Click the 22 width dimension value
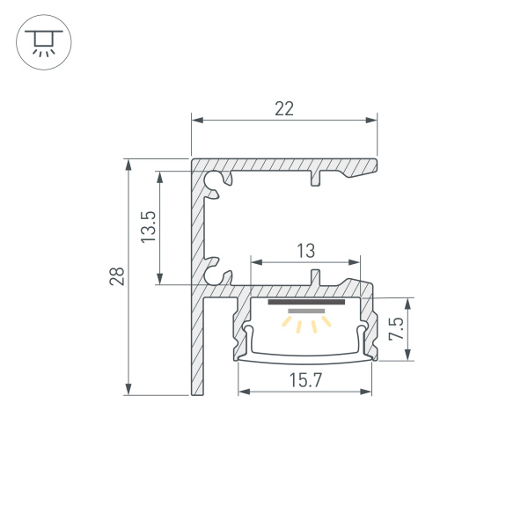[283, 109]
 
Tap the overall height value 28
[117, 277]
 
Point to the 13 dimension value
[304, 251]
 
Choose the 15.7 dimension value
[304, 380]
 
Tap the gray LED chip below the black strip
[305, 312]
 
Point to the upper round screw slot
[213, 180]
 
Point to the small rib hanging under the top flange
[315, 180]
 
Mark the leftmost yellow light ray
[287, 324]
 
